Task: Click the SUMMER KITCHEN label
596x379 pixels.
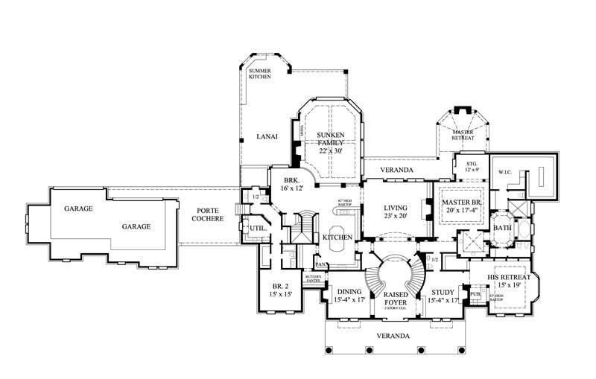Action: point(259,74)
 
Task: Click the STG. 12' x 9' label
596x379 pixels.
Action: point(471,166)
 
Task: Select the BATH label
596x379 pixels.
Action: point(501,228)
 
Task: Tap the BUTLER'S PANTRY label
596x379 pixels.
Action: point(312,279)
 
